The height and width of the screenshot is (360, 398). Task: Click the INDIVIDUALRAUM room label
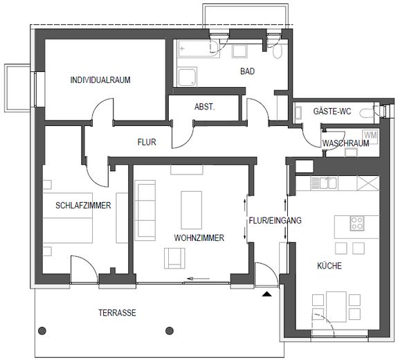click(100, 80)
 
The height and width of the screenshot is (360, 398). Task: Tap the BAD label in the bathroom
click(248, 71)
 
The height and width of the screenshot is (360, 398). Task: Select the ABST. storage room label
click(205, 107)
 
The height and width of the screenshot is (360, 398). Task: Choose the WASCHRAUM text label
click(344, 143)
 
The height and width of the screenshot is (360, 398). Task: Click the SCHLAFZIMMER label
click(78, 206)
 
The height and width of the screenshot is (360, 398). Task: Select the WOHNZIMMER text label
click(199, 237)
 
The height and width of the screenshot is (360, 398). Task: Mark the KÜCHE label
click(329, 266)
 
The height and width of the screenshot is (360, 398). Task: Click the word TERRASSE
click(116, 313)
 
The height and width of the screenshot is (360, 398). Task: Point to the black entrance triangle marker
click(266, 295)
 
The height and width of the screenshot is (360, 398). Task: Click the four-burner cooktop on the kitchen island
click(358, 224)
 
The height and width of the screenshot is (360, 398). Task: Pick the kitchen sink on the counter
click(323, 183)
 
